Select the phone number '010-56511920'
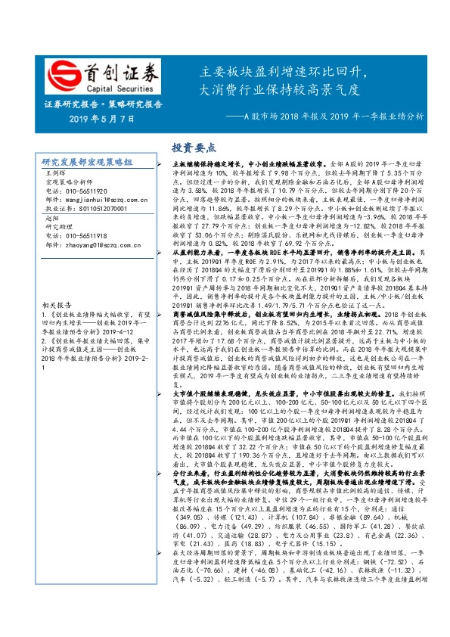[x=85, y=191]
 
